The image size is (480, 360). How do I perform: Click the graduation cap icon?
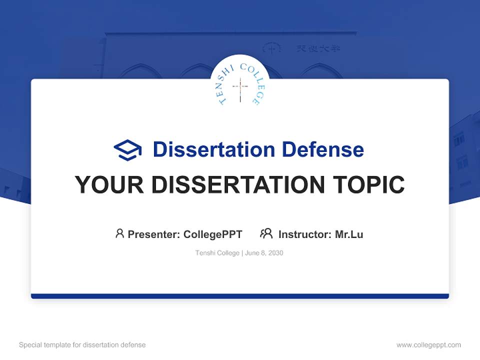coord(128,149)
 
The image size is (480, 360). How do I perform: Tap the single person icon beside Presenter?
coord(119,233)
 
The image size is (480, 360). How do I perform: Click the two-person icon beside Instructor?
coord(266,233)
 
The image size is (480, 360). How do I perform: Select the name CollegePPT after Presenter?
coord(213,234)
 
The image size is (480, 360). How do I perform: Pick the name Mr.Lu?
coord(349,234)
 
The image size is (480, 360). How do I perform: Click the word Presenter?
coord(154,234)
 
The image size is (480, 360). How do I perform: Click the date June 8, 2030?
coord(264,253)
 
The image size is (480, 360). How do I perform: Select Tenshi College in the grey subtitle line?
coord(217,253)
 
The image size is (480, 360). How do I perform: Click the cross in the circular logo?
coord(240,89)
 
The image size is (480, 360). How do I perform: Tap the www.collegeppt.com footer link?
coord(428,345)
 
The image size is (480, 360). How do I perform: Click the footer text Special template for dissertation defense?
coord(82,345)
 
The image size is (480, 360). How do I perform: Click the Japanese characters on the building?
coord(318,48)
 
